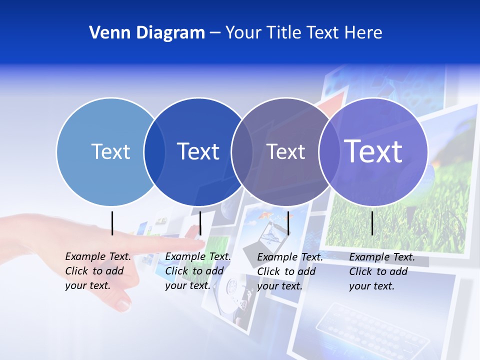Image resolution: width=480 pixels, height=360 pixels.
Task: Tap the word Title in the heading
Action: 282,33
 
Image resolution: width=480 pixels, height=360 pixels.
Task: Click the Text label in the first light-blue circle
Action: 110,151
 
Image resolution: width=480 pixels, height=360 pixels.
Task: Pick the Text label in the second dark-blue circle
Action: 198,151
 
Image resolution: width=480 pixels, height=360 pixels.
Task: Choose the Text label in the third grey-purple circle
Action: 285,151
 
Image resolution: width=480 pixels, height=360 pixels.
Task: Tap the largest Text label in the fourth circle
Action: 373,151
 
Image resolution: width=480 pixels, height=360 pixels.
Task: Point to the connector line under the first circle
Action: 112,223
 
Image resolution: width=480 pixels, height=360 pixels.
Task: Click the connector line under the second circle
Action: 200,223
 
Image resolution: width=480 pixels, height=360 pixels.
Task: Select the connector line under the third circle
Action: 288,223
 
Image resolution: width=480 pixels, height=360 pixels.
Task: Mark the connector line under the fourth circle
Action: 372,223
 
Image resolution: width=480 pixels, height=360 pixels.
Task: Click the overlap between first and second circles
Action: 154,151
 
